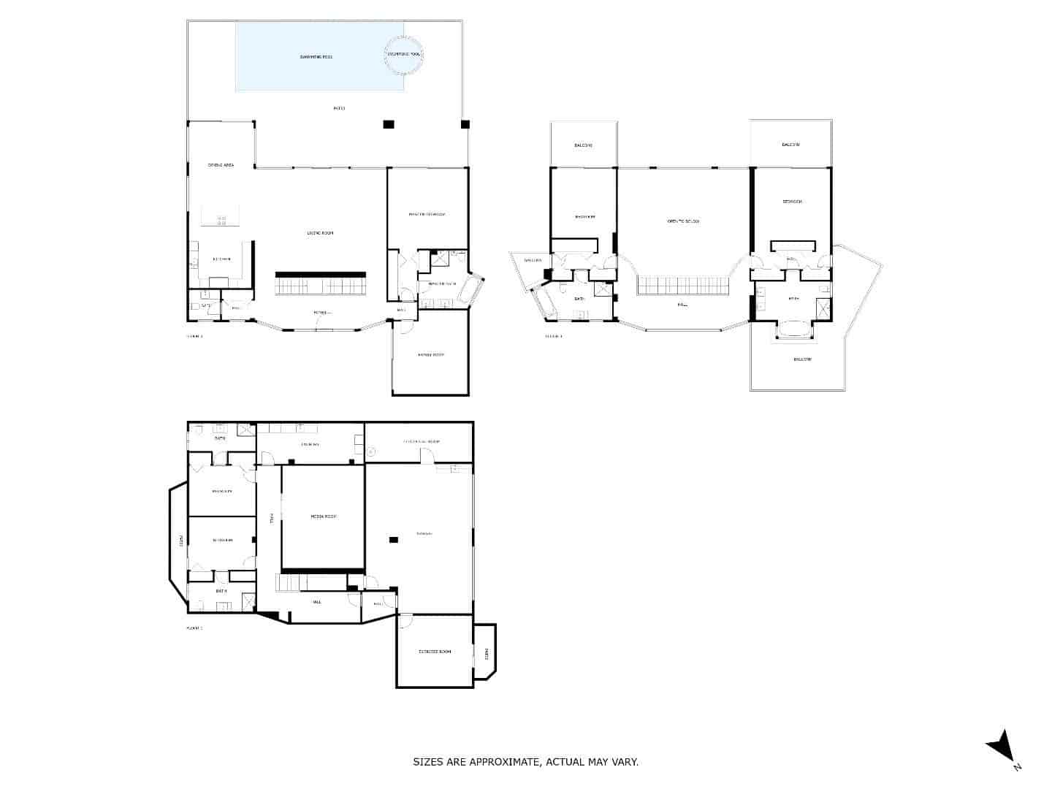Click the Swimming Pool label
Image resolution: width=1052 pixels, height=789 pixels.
coord(316,56)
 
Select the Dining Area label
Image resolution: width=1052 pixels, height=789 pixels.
coord(221,165)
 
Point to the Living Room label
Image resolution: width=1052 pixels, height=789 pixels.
coord(320,233)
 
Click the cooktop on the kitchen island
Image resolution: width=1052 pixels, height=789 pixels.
coord(221,218)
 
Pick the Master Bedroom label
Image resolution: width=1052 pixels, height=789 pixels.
coord(427,214)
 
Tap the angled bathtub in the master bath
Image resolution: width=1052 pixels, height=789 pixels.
coord(474,291)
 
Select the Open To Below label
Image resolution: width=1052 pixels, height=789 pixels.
coord(683,221)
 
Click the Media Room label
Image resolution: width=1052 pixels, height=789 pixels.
coord(323,517)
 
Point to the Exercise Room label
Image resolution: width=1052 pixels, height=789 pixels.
coord(434,651)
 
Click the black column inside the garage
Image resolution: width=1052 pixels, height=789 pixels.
coord(394,540)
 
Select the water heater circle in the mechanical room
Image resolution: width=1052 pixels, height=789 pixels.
coord(371,452)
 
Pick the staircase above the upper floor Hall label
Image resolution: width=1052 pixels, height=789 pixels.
coord(683,286)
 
